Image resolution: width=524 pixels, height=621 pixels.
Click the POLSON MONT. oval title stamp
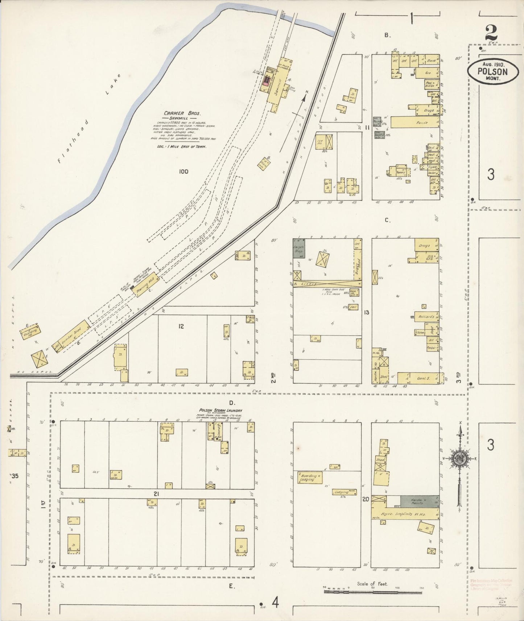coord(492,71)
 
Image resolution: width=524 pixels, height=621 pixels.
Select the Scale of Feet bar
coord(373,592)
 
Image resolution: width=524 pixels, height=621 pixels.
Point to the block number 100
coord(183,171)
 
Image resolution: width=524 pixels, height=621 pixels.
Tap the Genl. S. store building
coord(421,378)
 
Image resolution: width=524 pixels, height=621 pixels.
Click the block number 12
coord(181,326)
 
